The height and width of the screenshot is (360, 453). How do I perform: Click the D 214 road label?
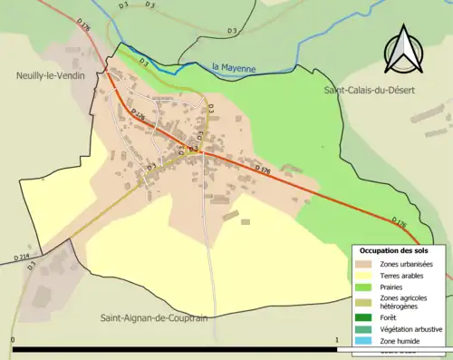[x=22, y=258]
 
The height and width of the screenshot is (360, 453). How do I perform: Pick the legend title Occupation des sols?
[x=396, y=250]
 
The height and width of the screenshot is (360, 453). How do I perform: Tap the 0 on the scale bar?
[x=13, y=342]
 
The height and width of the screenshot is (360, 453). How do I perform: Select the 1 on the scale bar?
[x=336, y=342]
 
